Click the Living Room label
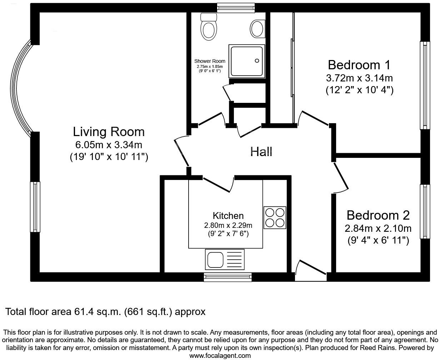pos(109,132)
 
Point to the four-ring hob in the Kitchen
pos(275,217)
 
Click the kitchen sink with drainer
pos(224,259)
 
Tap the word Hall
pos(261,151)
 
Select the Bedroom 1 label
pos(359,65)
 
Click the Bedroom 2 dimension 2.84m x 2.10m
pos(378,228)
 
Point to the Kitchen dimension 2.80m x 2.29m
pos(228,225)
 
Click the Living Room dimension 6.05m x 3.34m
pos(109,145)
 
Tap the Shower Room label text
pos(210,61)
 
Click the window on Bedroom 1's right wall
pos(425,85)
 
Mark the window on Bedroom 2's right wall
pos(425,211)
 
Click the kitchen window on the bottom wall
pos(227,277)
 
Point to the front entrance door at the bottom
pos(310,271)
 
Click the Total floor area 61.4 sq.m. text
pos(105,312)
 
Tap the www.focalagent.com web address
pos(220,355)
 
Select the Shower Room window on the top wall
pos(236,7)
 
